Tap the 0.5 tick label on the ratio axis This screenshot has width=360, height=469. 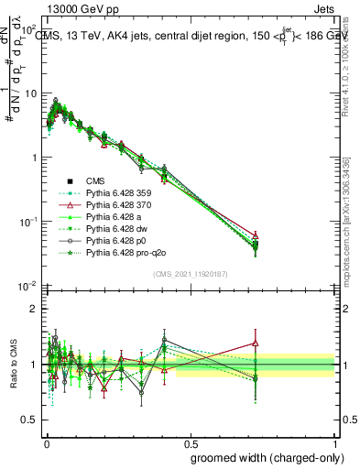click(29, 420)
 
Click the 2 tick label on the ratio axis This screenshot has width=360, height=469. click(35, 309)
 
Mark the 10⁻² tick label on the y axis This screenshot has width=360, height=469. click(27, 287)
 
